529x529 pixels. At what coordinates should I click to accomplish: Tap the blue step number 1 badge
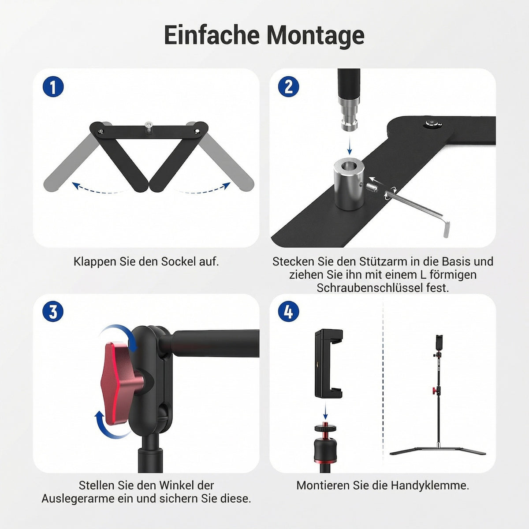[53, 86]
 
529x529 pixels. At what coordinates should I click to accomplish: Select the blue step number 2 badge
[288, 86]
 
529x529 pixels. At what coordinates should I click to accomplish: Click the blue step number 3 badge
[53, 311]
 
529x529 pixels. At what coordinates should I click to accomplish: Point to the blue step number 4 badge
[288, 311]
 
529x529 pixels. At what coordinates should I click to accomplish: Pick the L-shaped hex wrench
[417, 212]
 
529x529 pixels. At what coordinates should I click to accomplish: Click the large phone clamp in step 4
[328, 363]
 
